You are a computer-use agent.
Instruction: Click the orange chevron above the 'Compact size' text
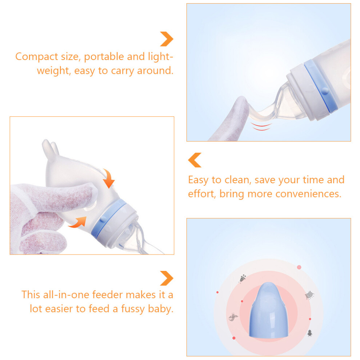167,39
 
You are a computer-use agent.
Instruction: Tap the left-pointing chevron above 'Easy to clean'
195,160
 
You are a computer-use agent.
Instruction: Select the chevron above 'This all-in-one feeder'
167,278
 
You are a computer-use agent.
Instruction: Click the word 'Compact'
37,57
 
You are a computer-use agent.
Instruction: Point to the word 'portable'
104,57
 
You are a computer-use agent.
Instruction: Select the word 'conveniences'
308,194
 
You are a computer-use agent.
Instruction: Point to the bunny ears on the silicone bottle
51,149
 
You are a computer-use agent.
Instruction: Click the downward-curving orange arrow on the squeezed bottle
108,179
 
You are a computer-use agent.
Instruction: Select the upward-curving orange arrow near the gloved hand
78,222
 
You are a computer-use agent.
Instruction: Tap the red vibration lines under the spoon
261,127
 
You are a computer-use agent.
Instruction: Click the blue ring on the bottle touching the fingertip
320,86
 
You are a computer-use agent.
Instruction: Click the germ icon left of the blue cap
233,317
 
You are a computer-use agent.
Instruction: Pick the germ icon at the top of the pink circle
243,279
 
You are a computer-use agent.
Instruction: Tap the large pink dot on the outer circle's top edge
299,267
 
